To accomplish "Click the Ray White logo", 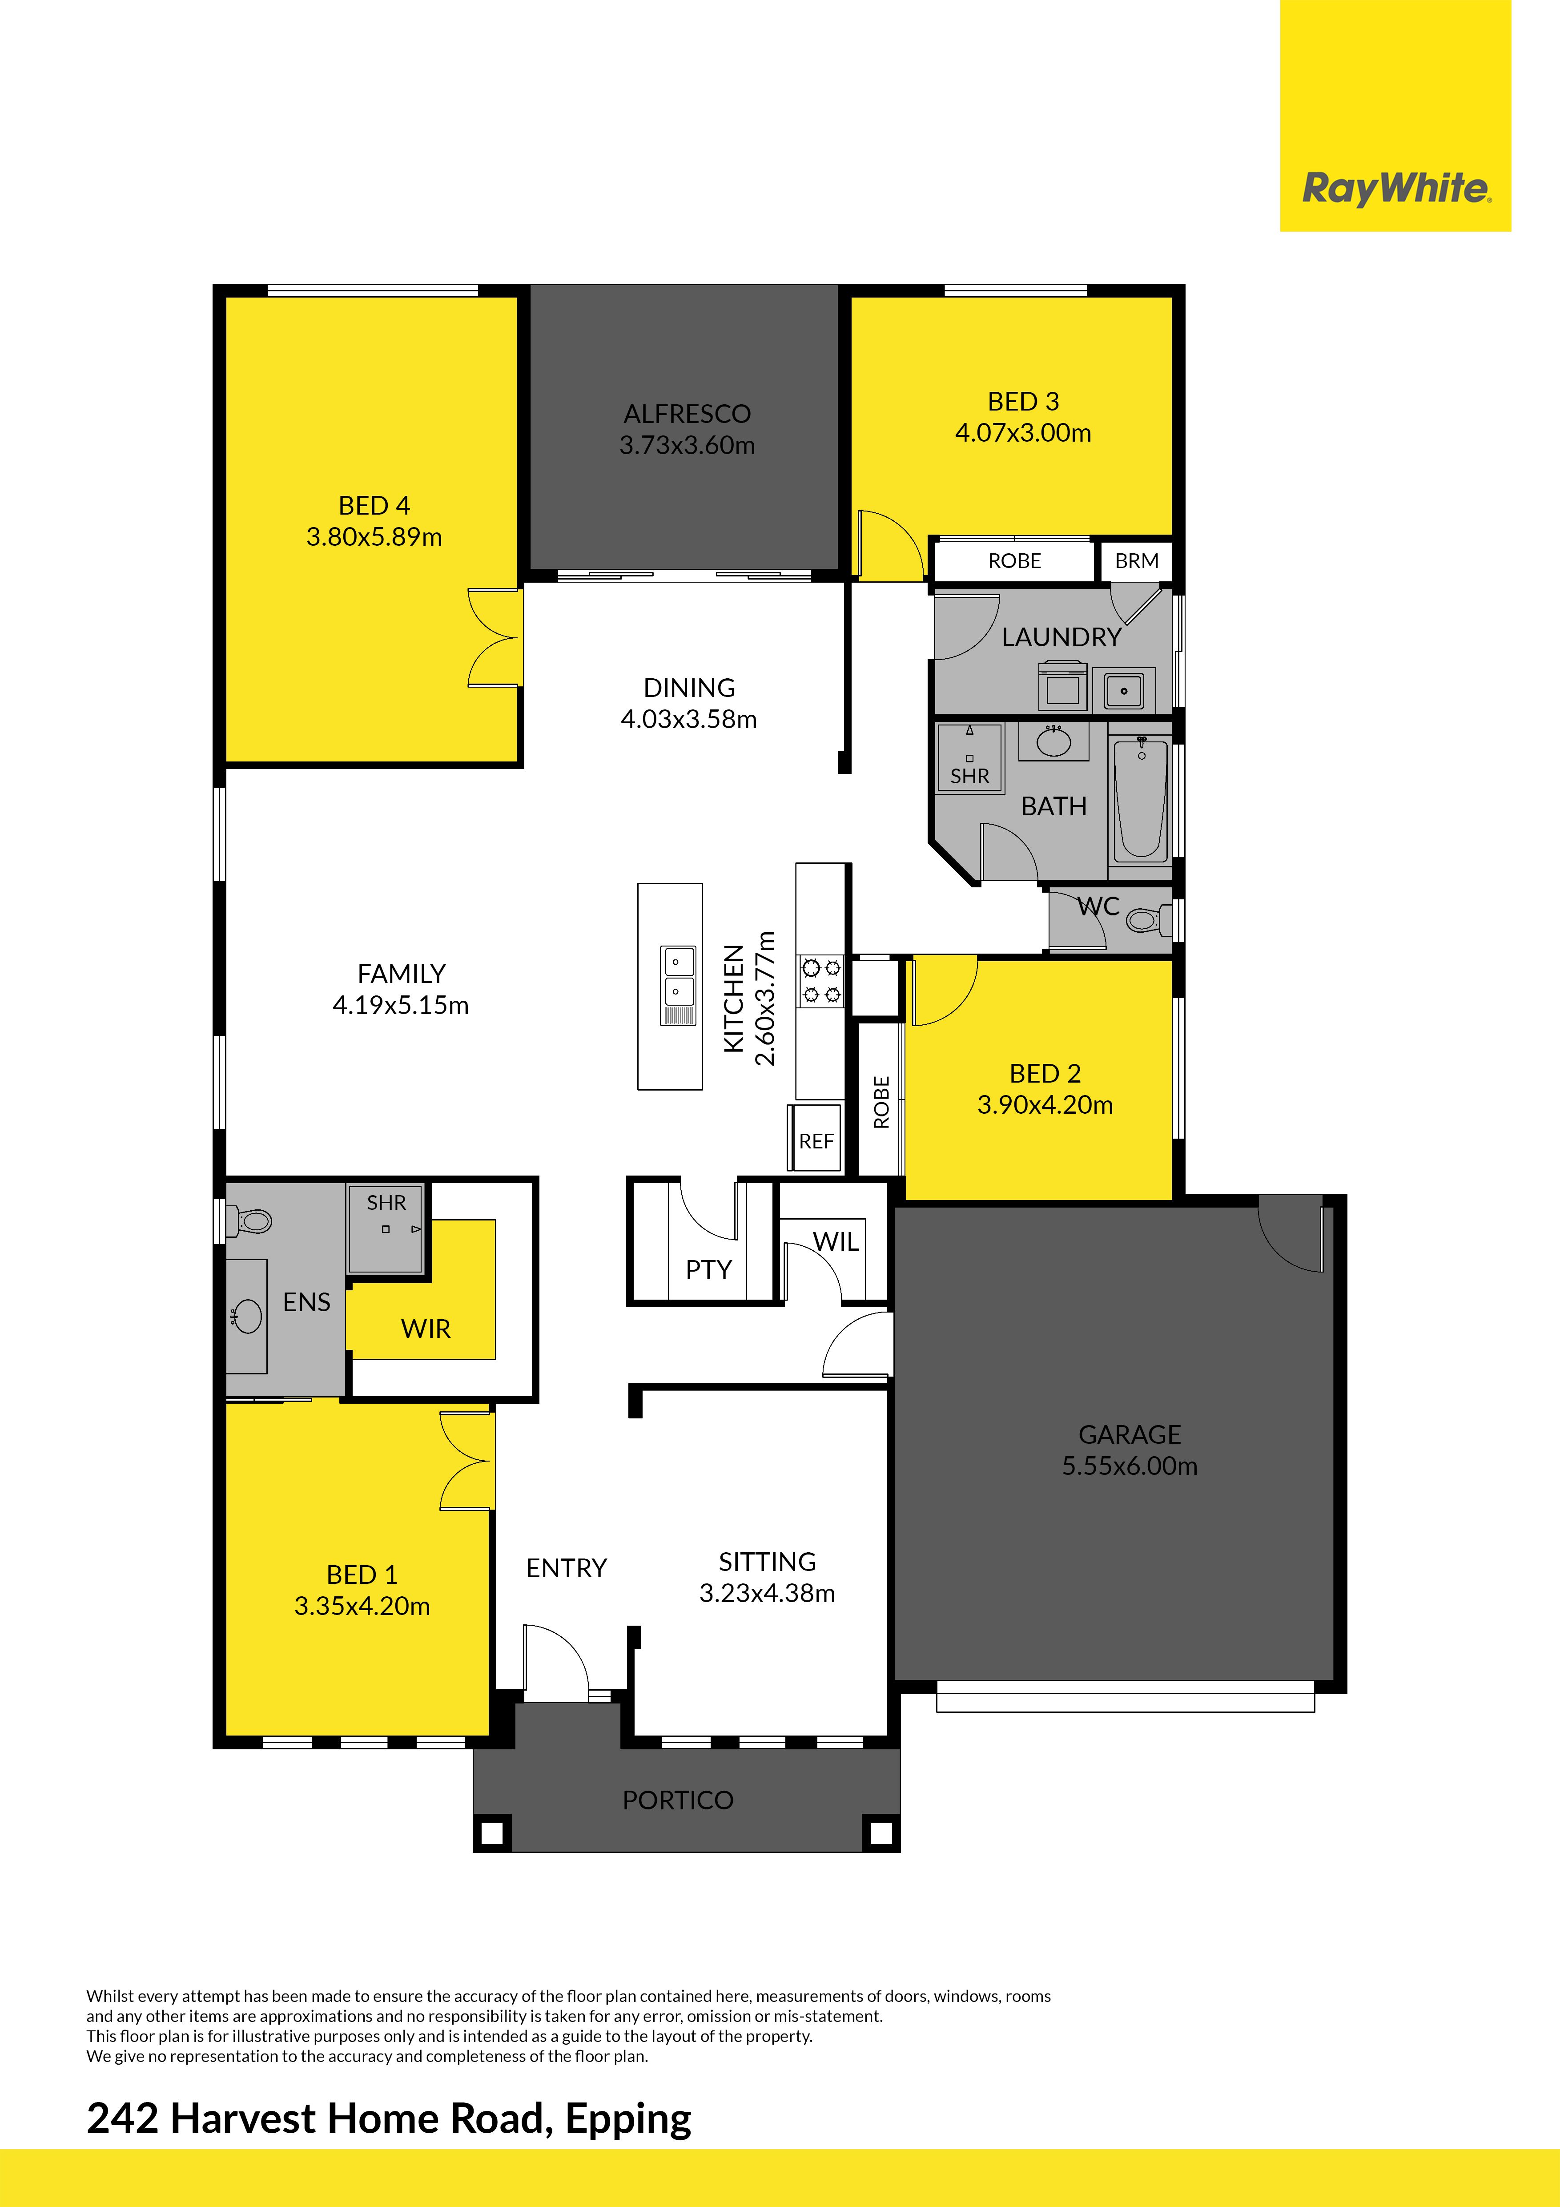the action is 1395,189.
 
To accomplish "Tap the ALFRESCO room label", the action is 687,414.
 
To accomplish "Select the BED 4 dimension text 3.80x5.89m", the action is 374,537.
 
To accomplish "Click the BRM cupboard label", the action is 1136,560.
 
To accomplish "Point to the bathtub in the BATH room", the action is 1141,798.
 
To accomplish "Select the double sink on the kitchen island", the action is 678,985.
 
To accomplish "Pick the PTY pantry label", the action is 708,1270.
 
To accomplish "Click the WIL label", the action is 836,1242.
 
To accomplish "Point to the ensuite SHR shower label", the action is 386,1203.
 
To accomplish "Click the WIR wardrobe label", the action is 426,1329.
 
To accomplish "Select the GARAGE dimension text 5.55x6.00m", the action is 1130,1466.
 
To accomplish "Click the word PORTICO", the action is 678,1800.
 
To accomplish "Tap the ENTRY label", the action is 566,1569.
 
